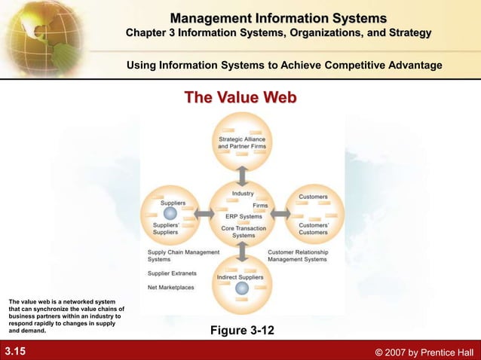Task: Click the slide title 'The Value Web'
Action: click(x=240, y=98)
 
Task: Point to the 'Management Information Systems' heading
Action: click(x=278, y=18)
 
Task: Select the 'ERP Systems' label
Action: click(x=243, y=217)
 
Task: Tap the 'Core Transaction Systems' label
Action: click(x=243, y=231)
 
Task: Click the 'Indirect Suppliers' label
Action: click(x=240, y=277)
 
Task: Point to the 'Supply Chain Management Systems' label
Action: click(x=183, y=255)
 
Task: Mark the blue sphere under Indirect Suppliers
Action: click(x=241, y=288)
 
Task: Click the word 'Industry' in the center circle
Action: click(x=243, y=194)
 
